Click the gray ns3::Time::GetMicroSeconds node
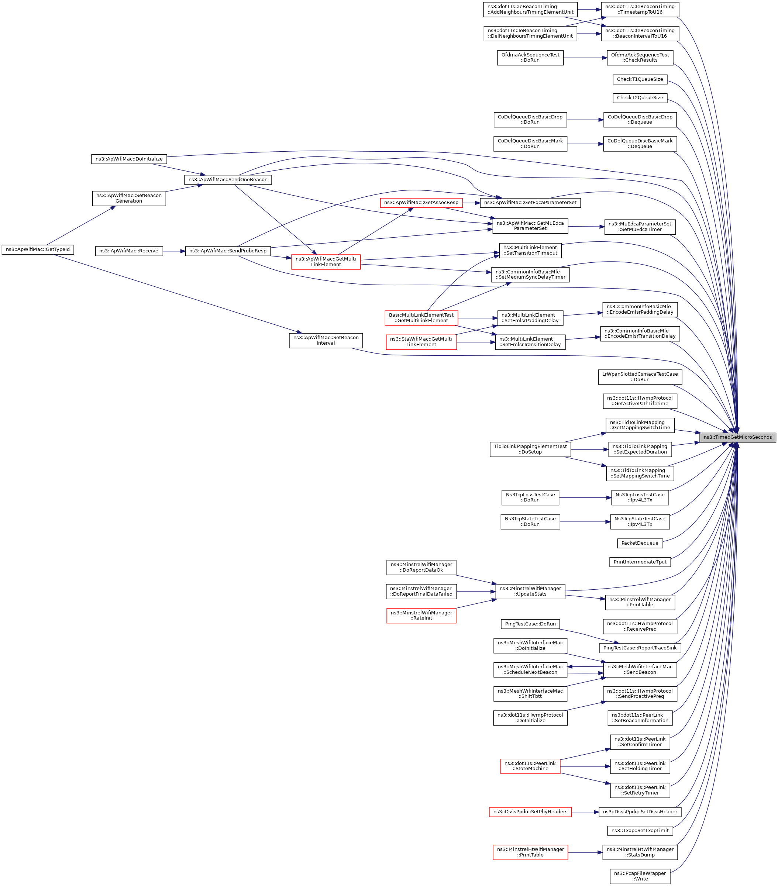point(737,437)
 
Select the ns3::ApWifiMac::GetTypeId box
point(38,250)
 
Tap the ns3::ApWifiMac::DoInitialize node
point(129,159)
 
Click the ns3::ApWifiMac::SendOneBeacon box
point(228,179)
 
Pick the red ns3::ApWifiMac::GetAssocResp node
point(421,203)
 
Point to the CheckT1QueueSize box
point(640,79)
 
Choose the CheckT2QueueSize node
point(640,98)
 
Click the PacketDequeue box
point(639,543)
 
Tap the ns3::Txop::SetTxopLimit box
point(640,831)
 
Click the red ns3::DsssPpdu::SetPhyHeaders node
point(530,812)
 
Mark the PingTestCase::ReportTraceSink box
point(640,648)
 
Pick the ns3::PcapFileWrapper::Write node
point(640,876)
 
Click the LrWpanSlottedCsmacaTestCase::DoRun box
point(640,377)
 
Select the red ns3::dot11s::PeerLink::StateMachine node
point(530,766)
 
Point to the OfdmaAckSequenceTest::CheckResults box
point(640,58)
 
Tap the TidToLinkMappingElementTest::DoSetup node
point(530,449)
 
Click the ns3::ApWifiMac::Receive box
point(129,251)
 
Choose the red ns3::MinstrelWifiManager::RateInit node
point(421,616)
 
